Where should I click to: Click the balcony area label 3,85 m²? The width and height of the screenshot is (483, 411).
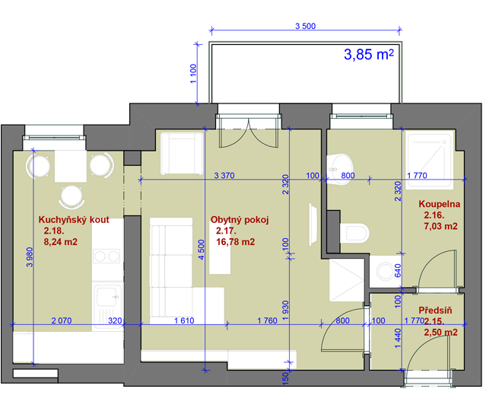coord(369,55)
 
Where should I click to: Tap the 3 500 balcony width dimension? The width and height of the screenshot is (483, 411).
coord(305,26)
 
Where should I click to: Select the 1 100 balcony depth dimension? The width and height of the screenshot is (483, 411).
coord(193,73)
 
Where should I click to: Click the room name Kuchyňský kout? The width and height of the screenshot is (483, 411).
coord(74,219)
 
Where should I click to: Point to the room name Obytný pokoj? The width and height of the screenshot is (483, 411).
coord(240,219)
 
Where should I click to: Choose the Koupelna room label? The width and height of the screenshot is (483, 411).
coord(439,204)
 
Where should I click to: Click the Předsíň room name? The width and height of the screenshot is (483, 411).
coord(435,311)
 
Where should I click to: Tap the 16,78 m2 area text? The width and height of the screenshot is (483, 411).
coord(236,242)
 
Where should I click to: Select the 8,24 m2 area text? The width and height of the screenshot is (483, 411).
coord(61,242)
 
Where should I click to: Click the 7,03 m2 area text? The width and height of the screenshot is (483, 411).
coord(441,226)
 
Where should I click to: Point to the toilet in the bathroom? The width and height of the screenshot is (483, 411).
coord(354,233)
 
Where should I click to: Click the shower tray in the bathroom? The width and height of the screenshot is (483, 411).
coord(430,160)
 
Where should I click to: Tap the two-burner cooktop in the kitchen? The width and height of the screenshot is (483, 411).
coord(106,256)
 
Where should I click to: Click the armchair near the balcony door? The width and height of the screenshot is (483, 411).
coord(182,153)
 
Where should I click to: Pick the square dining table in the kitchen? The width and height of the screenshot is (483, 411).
coord(71,166)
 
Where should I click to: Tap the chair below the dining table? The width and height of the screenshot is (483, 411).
coord(71,196)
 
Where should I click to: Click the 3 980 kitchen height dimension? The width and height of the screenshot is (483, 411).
coord(30,257)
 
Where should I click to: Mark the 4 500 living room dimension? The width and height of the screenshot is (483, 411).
coord(201,250)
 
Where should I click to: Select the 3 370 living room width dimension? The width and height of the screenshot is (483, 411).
coord(224,176)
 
